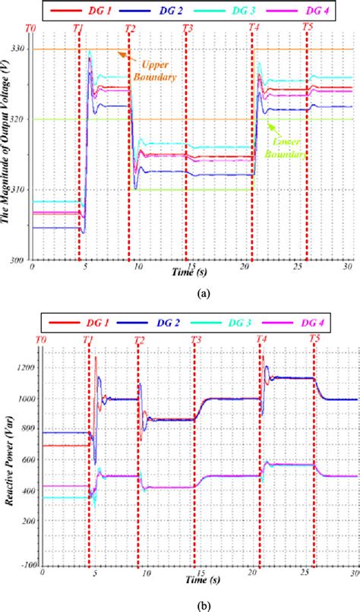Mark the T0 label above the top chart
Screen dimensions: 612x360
(30, 27)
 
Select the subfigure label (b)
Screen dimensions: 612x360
(180, 602)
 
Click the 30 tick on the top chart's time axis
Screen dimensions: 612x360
(347, 267)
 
